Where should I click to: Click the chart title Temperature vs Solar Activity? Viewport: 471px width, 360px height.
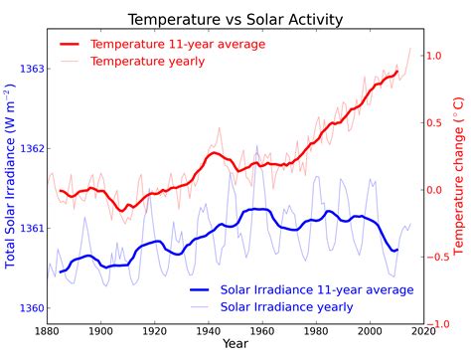(x=235, y=20)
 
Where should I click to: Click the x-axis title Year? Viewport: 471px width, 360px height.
(x=235, y=344)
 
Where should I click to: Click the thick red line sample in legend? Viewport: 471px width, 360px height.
(x=71, y=45)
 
